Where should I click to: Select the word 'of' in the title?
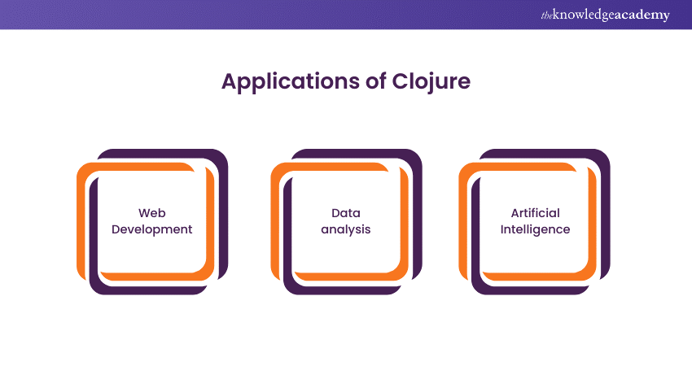click(x=379, y=83)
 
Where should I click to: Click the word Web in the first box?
click(x=151, y=213)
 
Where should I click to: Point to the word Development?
click(x=151, y=229)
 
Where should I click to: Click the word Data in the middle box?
click(x=345, y=213)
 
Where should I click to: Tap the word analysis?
click(x=345, y=229)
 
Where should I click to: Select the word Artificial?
click(x=535, y=213)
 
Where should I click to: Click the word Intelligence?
click(x=535, y=229)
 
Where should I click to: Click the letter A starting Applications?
click(x=229, y=83)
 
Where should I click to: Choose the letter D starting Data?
click(x=335, y=213)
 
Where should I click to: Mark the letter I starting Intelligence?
click(x=501, y=229)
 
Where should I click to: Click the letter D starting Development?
click(x=116, y=229)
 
